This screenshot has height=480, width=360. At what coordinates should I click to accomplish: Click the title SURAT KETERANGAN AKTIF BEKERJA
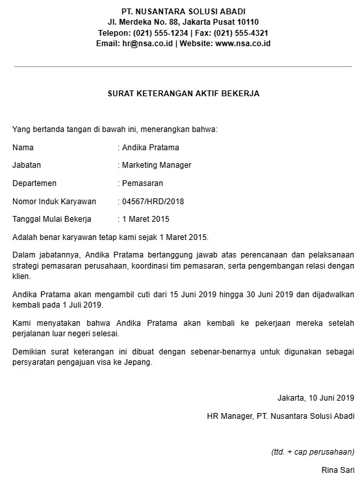coord(183,94)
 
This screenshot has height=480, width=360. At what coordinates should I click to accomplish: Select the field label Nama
coord(23,148)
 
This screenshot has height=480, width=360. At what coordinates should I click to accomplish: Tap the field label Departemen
coord(34,183)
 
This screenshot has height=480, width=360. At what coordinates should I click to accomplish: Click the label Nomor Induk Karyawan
coord(54,202)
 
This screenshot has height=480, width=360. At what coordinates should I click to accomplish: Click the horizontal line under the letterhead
coord(183,66)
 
